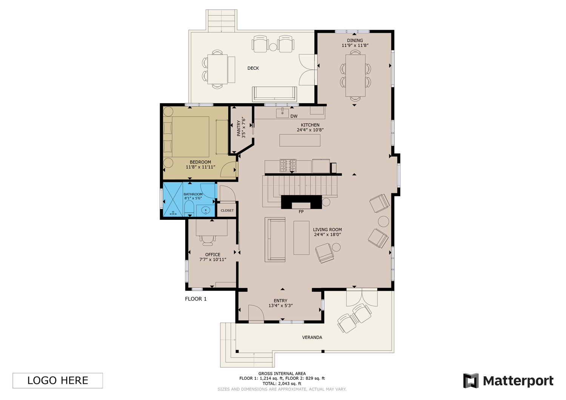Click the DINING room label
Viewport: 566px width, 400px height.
[x=355, y=40]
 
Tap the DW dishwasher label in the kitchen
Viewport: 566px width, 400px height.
[x=294, y=116]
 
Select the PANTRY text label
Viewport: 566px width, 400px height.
[x=238, y=128]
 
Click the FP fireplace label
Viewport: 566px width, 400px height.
[x=301, y=212]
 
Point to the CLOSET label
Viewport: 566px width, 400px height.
[x=227, y=210]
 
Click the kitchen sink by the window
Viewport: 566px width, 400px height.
[x=283, y=113]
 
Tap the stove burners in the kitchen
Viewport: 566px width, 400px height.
[x=288, y=166]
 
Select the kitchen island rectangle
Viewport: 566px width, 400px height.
[x=300, y=140]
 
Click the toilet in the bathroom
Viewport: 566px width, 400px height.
[x=189, y=208]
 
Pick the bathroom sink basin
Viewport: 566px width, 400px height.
[x=206, y=210]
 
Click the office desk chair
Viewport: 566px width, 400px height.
[x=208, y=240]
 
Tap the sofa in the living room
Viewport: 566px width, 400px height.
[x=275, y=239]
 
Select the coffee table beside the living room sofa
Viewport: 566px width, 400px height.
[x=301, y=238]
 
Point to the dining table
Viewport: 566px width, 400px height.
[x=355, y=75]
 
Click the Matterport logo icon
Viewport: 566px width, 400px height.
[x=471, y=380]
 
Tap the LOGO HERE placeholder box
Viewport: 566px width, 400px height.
[x=58, y=380]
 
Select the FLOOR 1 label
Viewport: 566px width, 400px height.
[x=196, y=299]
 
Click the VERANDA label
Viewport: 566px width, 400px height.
[x=312, y=337]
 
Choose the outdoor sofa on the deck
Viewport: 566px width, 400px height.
[x=274, y=94]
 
